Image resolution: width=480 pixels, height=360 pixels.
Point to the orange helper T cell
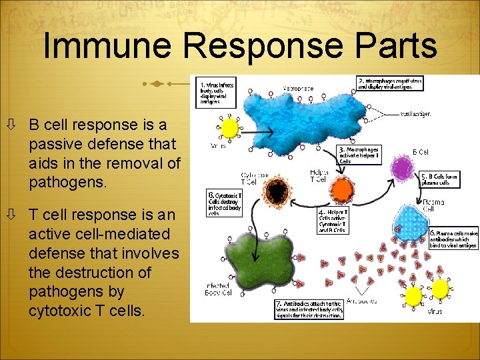pyautogui.click(x=341, y=191)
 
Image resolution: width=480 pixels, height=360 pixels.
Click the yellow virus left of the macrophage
pyautogui.click(x=230, y=128)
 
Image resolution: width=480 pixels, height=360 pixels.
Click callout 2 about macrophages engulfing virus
pyautogui.click(x=389, y=83)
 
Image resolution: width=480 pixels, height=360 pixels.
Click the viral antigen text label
pyautogui.click(x=415, y=114)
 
